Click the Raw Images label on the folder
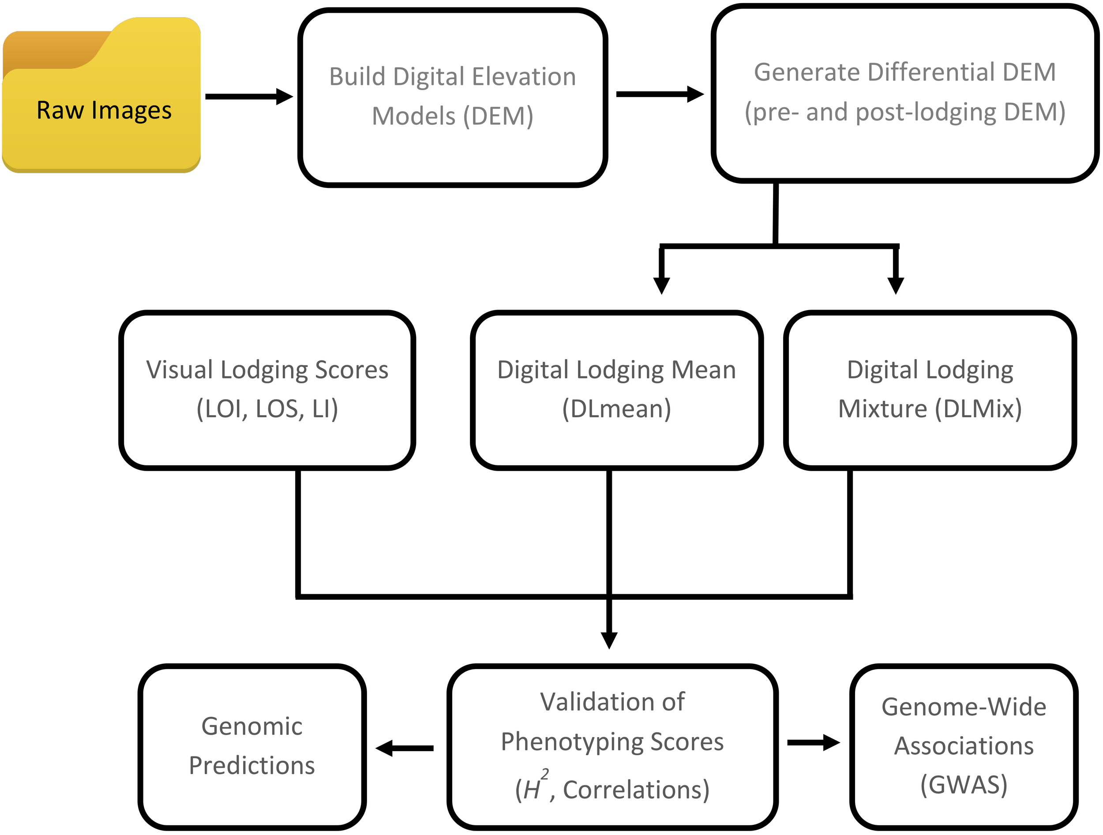point(104,110)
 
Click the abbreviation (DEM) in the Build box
point(498,116)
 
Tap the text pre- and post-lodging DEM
point(904,112)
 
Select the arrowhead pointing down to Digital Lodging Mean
point(661,285)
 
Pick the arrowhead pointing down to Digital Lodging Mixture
point(896,285)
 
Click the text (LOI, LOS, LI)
point(267,409)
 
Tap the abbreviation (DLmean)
point(616,409)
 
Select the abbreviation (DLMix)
point(978,409)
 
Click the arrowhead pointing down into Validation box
point(609,640)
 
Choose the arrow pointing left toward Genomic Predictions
point(404,748)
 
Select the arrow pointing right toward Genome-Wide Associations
point(813,742)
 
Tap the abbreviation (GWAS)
point(964,784)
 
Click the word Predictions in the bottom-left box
point(252,765)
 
